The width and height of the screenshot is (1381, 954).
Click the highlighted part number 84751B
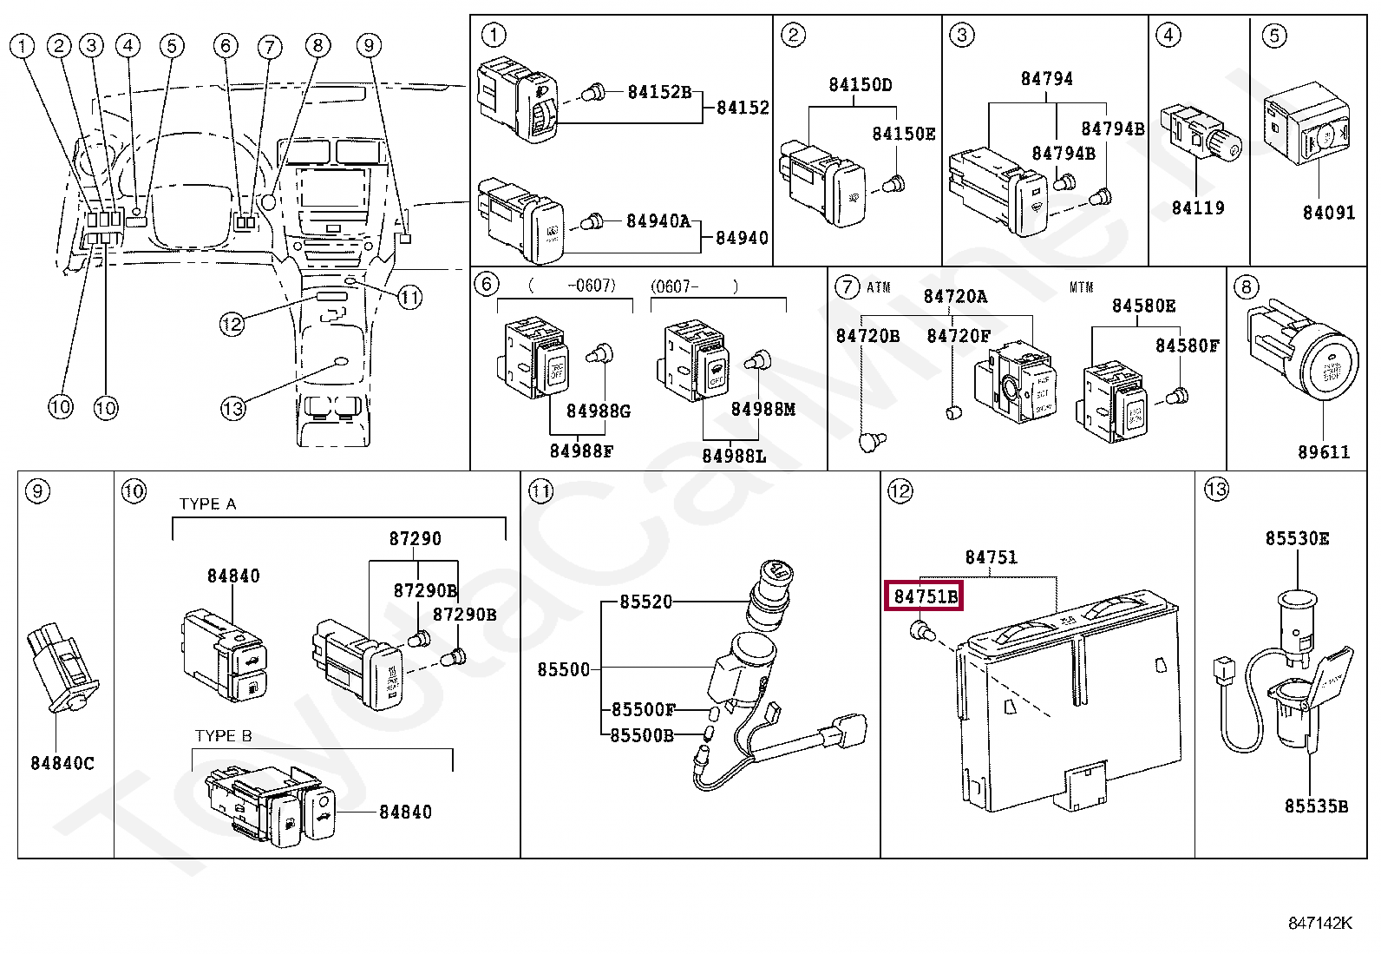click(925, 596)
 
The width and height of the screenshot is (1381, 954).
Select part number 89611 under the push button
click(1323, 451)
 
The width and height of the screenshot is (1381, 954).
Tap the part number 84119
click(1197, 207)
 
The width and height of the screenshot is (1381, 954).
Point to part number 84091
click(1328, 213)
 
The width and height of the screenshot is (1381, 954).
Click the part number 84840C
click(62, 763)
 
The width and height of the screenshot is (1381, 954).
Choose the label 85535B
click(1316, 806)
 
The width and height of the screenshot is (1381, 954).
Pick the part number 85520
click(645, 602)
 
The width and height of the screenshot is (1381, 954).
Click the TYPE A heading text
click(207, 504)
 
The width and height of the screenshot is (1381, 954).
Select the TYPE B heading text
click(223, 735)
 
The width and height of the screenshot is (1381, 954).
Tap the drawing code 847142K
click(1319, 923)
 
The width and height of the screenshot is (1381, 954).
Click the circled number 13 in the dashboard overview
click(232, 409)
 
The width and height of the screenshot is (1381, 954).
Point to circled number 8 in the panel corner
click(1247, 287)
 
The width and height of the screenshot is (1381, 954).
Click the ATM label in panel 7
click(878, 287)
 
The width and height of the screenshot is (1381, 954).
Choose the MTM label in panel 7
click(1081, 287)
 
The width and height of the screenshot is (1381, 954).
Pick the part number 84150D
click(860, 84)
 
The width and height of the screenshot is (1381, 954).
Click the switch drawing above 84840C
click(64, 668)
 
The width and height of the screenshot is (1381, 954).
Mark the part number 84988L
click(734, 456)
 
